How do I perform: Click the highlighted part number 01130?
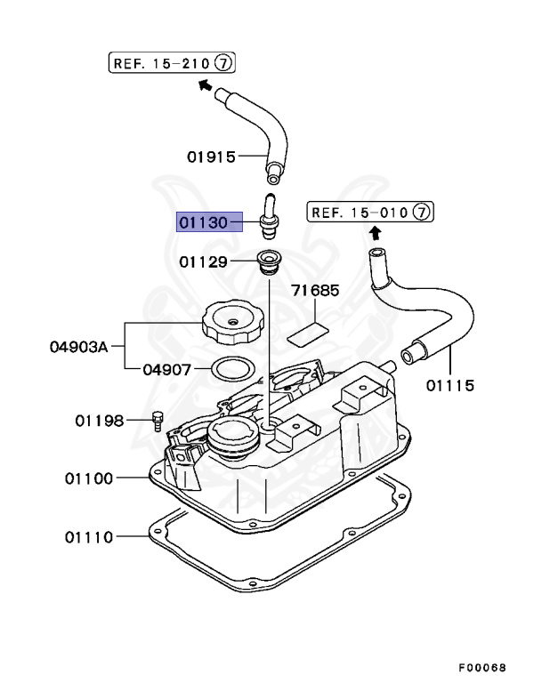point(203,222)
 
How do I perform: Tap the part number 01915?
point(211,157)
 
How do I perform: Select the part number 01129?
point(203,261)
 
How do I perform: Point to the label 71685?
point(315,290)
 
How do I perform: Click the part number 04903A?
point(78,347)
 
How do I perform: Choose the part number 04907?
point(167,370)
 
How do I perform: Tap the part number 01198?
point(100,421)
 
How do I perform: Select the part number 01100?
point(89,478)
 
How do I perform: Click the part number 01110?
point(89,537)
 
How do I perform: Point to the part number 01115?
point(450,385)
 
